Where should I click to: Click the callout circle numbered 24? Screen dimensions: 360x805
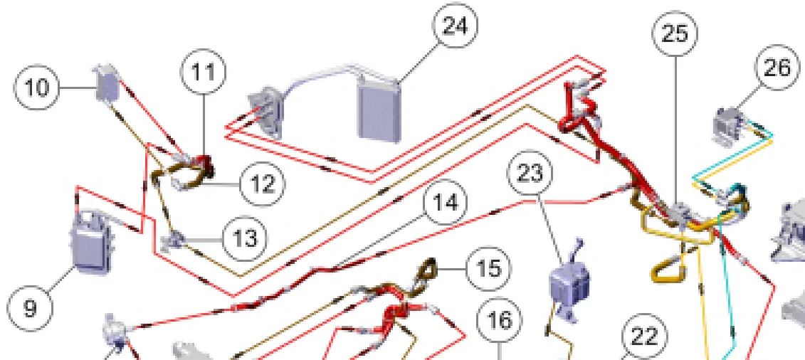(x=456, y=26)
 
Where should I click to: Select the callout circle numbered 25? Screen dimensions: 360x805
(x=675, y=33)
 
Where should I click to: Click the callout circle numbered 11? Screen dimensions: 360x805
(x=205, y=72)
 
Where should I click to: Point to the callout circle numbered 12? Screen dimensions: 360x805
(x=262, y=184)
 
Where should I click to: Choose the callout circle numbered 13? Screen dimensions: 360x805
(x=244, y=238)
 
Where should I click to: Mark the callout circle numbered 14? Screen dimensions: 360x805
(x=446, y=204)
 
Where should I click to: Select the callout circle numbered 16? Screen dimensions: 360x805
(x=500, y=320)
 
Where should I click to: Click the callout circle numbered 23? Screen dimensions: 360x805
(x=530, y=173)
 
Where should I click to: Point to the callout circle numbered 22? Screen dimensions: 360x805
(x=644, y=337)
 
